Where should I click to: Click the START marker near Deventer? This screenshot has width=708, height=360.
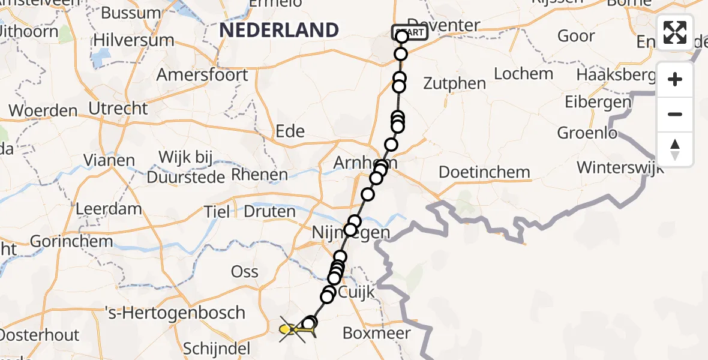[x=410, y=32]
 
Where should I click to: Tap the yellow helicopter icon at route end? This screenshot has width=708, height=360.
[x=289, y=329]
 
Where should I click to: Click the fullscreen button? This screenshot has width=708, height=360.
[x=675, y=32]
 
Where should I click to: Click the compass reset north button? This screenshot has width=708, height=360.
[x=675, y=149]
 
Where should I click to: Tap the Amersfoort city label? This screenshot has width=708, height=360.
[x=202, y=76]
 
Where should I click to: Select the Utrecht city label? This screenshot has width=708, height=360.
[x=118, y=109]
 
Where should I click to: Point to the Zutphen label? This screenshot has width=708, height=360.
[x=455, y=83]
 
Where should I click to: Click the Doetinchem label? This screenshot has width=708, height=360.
[x=484, y=173]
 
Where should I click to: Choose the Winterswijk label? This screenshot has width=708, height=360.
[x=620, y=167]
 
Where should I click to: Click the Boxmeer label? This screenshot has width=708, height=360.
[x=377, y=334]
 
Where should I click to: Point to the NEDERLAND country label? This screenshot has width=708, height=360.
[x=279, y=30]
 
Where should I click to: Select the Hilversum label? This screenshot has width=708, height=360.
[x=133, y=41]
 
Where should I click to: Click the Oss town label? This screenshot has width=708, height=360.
[x=244, y=272]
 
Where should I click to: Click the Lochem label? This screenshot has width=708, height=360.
[x=523, y=74]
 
